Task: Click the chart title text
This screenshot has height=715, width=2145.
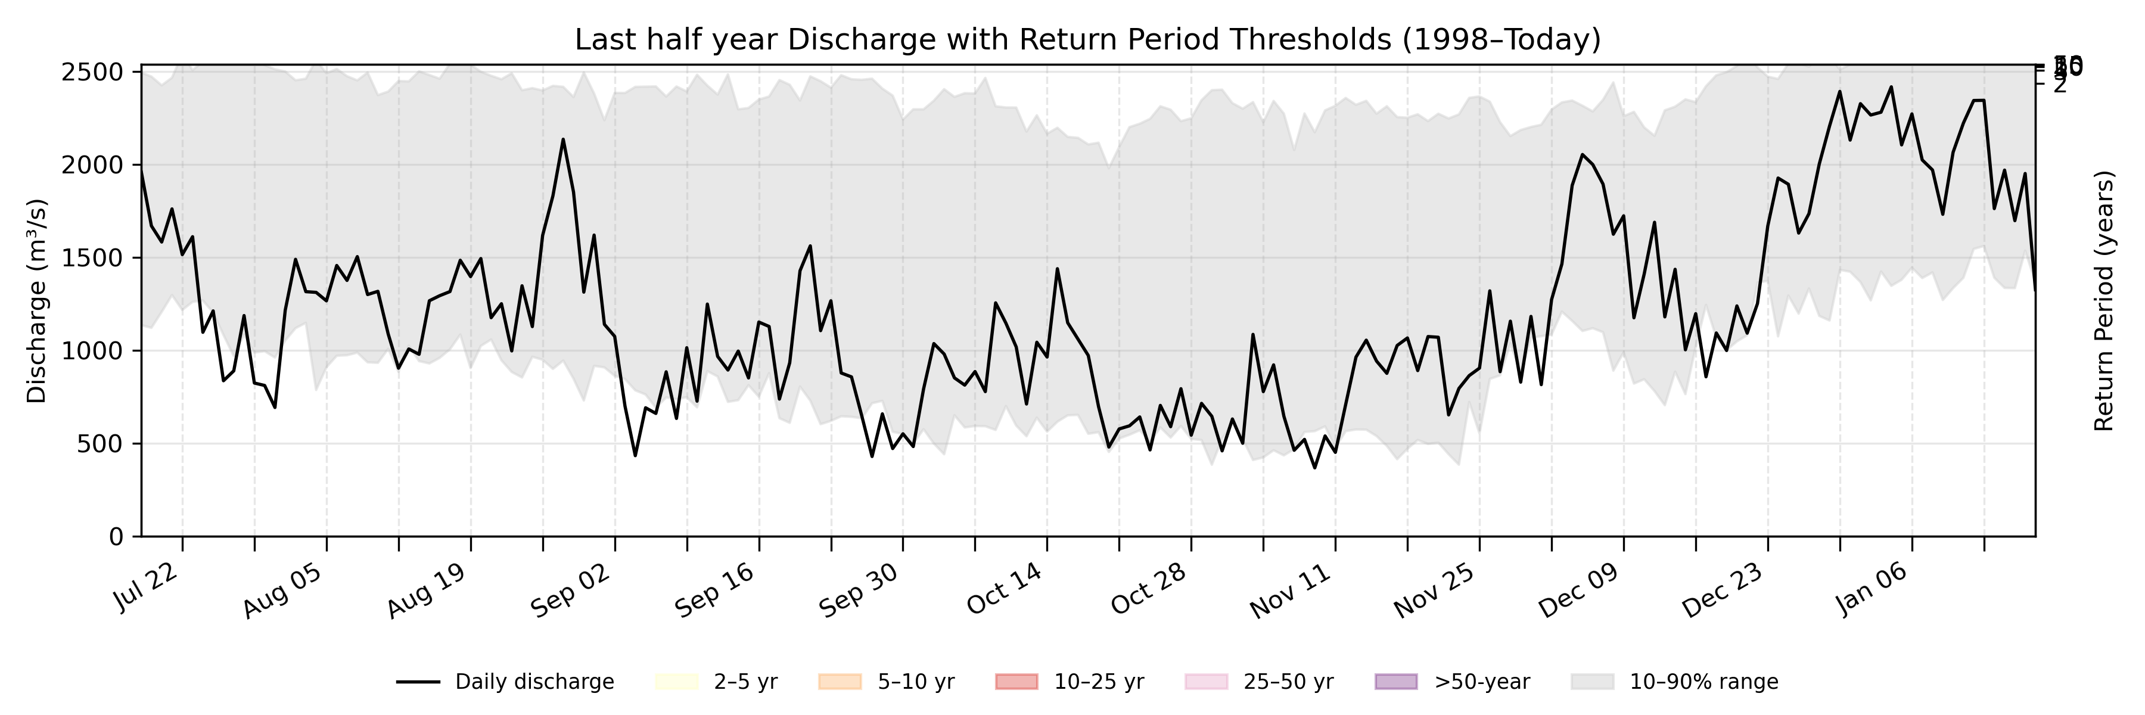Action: (x=1087, y=39)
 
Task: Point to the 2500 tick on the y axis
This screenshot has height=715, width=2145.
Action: (x=92, y=73)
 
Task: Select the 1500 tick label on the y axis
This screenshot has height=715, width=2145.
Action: (x=92, y=258)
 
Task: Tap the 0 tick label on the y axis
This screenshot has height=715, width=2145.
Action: (x=116, y=537)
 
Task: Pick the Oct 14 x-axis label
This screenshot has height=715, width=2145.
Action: (x=1005, y=587)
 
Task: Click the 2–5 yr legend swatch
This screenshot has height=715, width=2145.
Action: (x=676, y=682)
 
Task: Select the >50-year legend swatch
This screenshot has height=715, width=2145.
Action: (x=1395, y=682)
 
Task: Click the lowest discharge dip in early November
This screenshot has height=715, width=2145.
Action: (x=1315, y=468)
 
